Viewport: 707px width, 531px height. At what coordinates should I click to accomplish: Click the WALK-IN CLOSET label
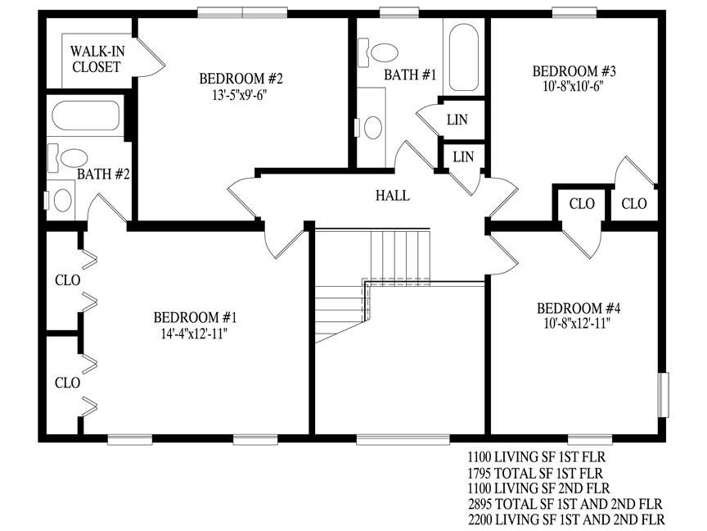(97, 59)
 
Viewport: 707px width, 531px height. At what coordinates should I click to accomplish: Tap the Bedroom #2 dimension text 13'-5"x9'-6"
(241, 95)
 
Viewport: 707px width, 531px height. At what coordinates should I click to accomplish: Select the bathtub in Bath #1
(463, 57)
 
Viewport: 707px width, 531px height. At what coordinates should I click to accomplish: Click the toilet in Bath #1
(378, 52)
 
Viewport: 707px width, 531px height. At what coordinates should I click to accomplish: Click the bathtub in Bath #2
(86, 116)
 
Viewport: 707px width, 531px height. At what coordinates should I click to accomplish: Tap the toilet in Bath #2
(68, 157)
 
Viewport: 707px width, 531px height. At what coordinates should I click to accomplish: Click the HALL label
(393, 196)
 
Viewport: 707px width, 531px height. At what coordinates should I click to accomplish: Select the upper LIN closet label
(457, 120)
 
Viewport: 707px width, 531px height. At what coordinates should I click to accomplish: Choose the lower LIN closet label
(463, 157)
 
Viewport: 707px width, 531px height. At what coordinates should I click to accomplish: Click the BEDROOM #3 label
(574, 71)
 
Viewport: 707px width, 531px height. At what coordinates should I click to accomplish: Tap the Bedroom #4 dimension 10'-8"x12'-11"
(577, 324)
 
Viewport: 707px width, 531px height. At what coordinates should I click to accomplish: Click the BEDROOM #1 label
(195, 317)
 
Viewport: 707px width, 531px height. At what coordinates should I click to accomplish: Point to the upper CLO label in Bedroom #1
(68, 280)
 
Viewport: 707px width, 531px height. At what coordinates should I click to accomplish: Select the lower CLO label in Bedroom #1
(68, 383)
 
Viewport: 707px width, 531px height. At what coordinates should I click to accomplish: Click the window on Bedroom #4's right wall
(663, 395)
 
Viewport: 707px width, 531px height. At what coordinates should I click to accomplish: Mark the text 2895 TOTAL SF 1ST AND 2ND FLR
(565, 504)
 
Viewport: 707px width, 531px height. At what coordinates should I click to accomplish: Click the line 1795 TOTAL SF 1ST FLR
(535, 473)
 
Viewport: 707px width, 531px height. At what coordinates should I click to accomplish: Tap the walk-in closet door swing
(151, 57)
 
